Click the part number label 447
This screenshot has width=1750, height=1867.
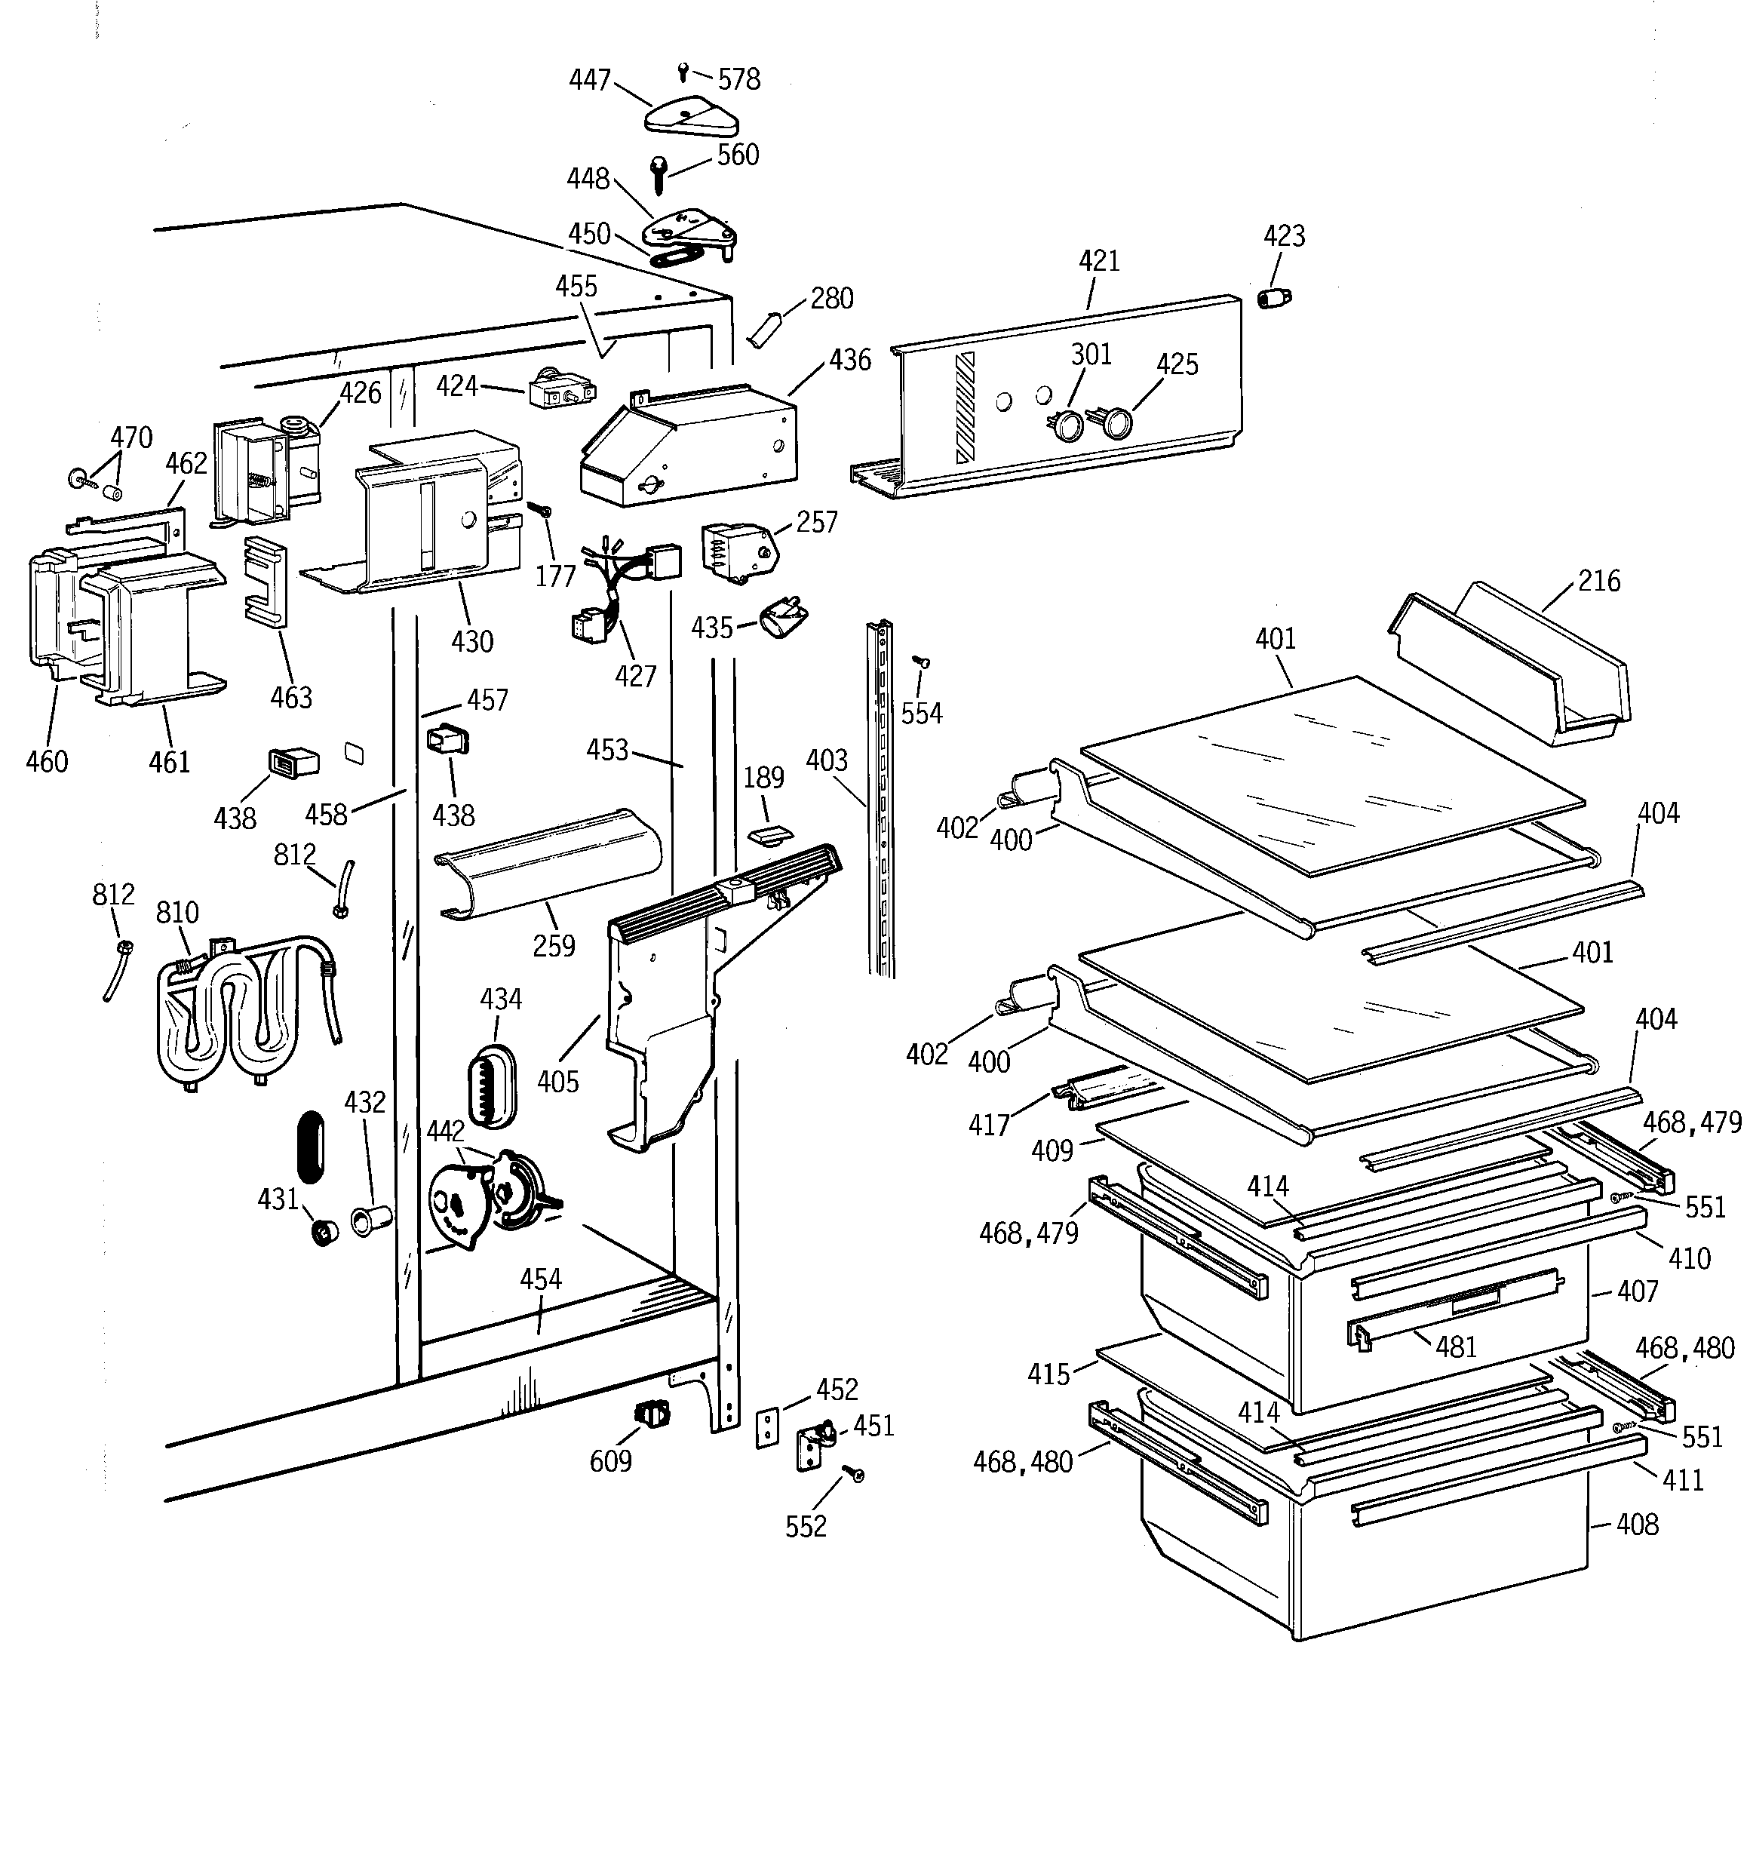590,81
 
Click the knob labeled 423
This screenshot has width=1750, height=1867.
1273,298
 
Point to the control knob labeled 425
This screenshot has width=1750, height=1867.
1115,423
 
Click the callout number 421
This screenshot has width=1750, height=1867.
1099,261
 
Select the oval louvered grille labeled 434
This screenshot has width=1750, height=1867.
491,1085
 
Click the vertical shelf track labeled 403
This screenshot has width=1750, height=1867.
881,798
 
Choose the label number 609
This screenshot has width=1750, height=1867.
610,1461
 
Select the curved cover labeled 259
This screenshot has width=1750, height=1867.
550,862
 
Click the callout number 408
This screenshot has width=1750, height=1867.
1638,1525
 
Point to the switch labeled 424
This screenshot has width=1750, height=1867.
560,391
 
